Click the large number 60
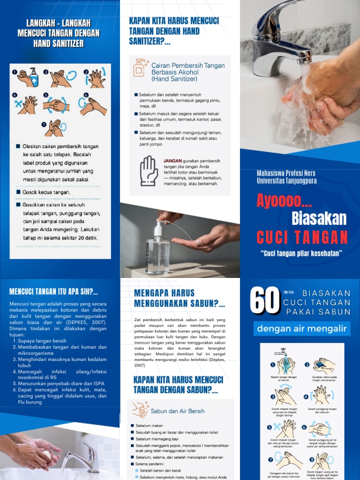coord(265,301)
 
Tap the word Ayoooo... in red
coord(284,201)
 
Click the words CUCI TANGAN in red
coord(302,237)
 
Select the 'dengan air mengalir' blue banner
coord(302,329)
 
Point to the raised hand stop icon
coord(149,171)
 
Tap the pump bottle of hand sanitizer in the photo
coord(157,247)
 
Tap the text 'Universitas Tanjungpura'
coord(286,180)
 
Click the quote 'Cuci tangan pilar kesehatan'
coord(302,254)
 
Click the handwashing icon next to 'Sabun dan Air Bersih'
coord(140,409)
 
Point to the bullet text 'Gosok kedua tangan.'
coord(46,192)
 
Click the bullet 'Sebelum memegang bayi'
coord(158,439)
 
